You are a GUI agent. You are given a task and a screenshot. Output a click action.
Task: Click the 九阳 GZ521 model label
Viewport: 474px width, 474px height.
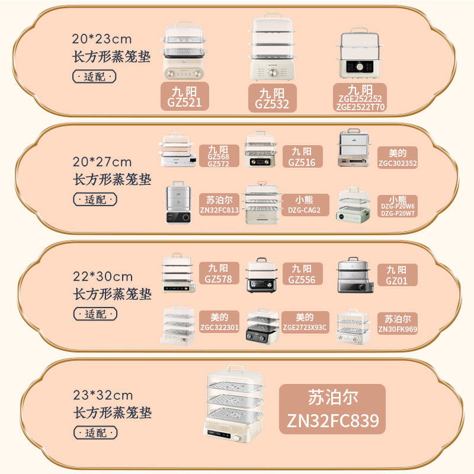click(185, 96)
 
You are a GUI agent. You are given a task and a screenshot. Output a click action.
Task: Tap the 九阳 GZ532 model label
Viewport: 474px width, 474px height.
click(272, 98)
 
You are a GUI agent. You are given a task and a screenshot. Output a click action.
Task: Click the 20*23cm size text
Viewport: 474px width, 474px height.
click(102, 40)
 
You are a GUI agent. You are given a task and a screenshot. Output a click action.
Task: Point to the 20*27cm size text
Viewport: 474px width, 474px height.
click(103, 162)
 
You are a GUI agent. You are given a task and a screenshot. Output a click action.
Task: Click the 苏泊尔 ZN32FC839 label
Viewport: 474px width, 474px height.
click(332, 408)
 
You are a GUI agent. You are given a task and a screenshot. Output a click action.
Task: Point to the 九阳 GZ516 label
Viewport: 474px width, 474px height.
click(302, 157)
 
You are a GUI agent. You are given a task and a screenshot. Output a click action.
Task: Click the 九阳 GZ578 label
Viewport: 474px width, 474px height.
click(219, 273)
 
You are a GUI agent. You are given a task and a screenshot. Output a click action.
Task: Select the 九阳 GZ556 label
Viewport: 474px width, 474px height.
click(302, 273)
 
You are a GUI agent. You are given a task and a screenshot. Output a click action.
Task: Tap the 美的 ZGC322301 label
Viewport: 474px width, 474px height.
click(219, 322)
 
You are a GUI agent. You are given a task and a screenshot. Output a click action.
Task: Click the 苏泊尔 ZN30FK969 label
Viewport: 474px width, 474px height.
click(397, 324)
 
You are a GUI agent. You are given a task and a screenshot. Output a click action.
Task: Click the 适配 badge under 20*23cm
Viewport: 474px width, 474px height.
click(94, 76)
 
